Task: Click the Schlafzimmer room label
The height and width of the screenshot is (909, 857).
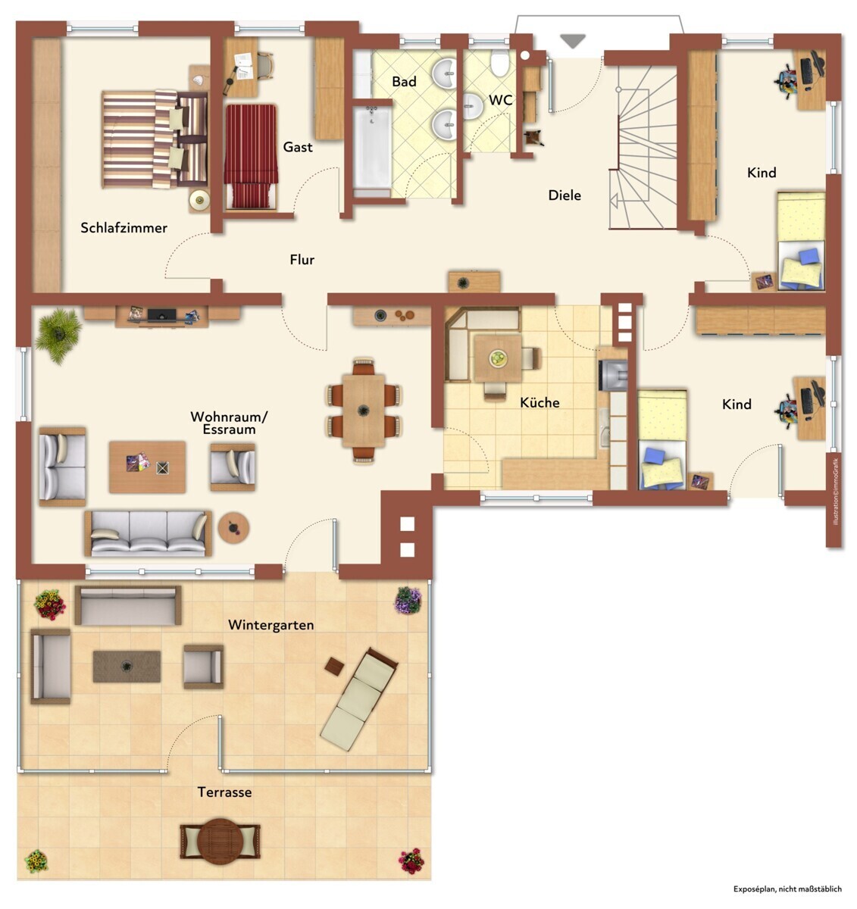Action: [124, 227]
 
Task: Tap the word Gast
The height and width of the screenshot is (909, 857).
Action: [298, 147]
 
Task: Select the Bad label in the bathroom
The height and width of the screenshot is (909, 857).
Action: [404, 82]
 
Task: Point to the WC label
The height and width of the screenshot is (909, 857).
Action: [501, 100]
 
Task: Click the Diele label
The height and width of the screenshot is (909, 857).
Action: [565, 195]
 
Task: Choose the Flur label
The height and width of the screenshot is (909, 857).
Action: [302, 260]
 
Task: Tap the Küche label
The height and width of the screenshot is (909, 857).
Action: [540, 402]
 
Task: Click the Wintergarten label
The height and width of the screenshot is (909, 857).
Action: [271, 625]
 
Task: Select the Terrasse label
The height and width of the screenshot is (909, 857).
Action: [224, 792]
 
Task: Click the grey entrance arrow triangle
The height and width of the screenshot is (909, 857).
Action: [573, 40]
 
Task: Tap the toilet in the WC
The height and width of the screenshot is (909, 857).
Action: [499, 63]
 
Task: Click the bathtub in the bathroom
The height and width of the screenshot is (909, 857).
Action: [372, 147]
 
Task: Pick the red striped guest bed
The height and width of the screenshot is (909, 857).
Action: [251, 157]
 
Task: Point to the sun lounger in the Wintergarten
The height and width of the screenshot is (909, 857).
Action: [359, 699]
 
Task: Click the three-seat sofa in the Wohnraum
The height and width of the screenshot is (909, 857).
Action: [148, 533]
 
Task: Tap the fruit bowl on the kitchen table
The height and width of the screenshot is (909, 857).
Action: [497, 358]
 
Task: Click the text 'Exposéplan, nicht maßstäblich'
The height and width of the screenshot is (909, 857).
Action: [787, 889]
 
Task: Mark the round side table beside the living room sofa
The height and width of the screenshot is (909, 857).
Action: [233, 528]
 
